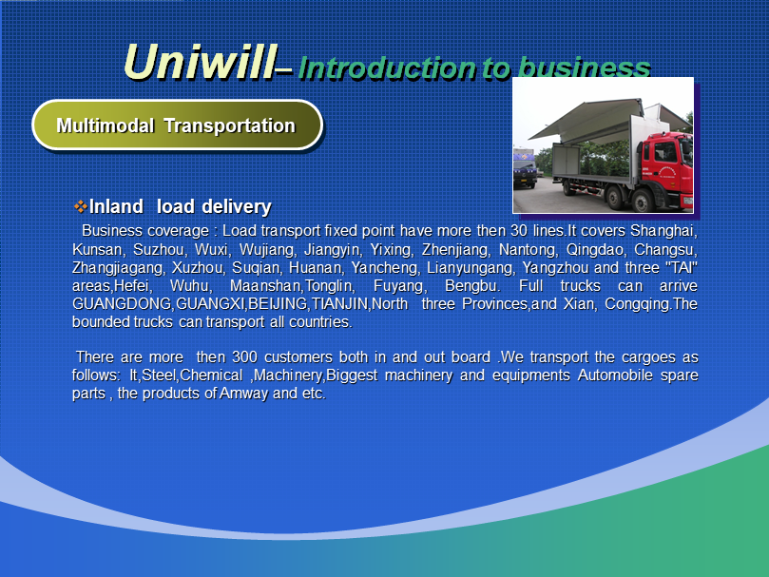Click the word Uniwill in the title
(201, 62)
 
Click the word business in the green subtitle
(584, 67)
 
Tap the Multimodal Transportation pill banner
(177, 125)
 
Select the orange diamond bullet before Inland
(80, 206)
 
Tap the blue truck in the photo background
(525, 166)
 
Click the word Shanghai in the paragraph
(663, 231)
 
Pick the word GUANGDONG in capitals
(122, 304)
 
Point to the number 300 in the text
(244, 356)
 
